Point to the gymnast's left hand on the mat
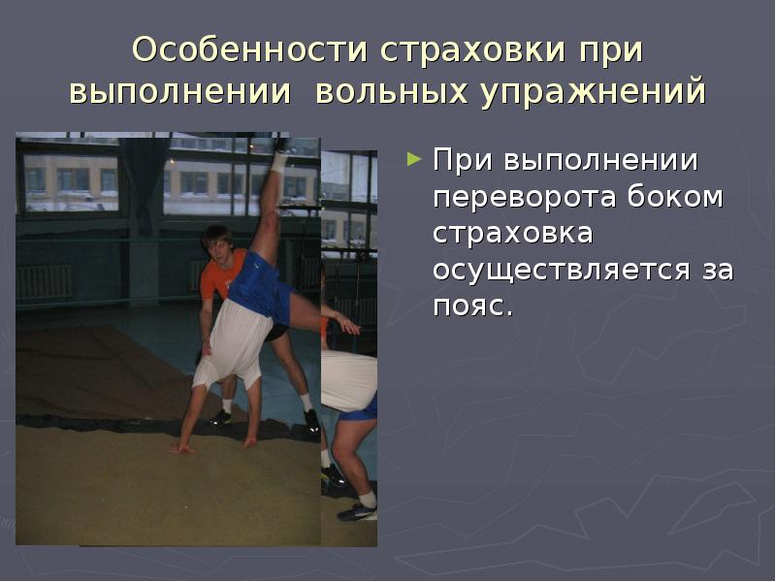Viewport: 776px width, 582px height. (180, 448)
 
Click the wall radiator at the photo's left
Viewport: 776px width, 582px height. (44, 282)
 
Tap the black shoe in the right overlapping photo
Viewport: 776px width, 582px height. (356, 511)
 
